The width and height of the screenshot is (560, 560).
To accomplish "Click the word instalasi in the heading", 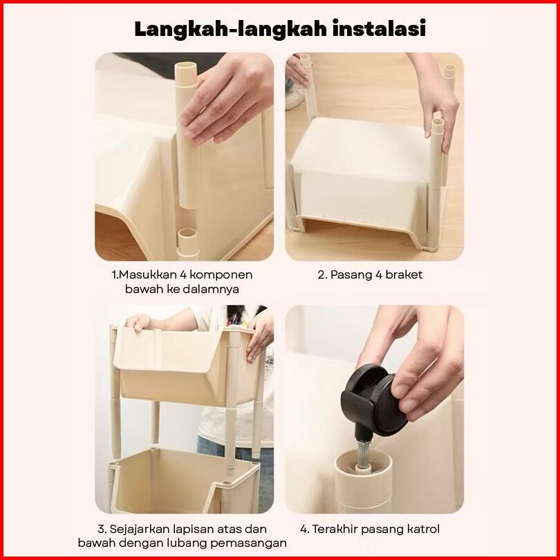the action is click(380, 28).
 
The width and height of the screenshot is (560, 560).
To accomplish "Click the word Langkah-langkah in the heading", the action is click(231, 29).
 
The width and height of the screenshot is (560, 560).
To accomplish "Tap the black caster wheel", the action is click(374, 400).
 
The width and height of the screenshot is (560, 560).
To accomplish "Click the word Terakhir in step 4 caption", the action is click(335, 529).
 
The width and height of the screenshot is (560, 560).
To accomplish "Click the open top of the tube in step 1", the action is click(186, 67).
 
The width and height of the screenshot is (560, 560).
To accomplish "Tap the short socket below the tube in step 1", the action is click(187, 242).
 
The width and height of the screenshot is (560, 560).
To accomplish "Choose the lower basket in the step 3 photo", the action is click(184, 480).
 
